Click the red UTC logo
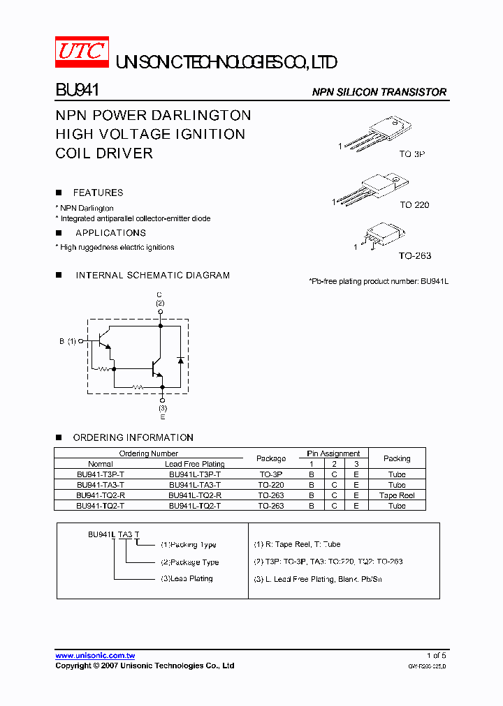point(82,52)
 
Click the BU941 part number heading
point(77,91)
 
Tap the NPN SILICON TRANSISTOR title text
point(379,92)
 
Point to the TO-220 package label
point(414,205)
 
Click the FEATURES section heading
point(98,193)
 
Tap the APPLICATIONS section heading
point(110,233)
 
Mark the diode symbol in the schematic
point(180,359)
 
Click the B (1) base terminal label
point(68,341)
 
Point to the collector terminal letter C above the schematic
point(160,294)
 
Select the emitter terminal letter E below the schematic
point(162,416)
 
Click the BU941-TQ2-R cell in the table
point(101,495)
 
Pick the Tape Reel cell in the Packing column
point(397,495)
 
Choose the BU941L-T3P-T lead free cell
point(194,474)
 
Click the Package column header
point(271,458)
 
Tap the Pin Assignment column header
point(333,453)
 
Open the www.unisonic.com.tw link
point(95,656)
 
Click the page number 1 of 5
point(436,656)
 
